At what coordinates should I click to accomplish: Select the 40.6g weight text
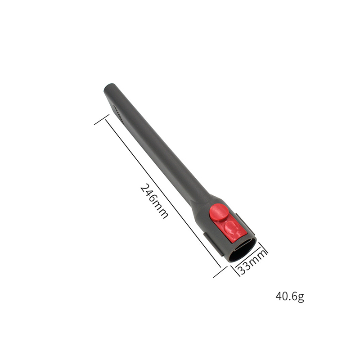(290, 297)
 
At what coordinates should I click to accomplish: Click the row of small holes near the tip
(119, 114)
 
